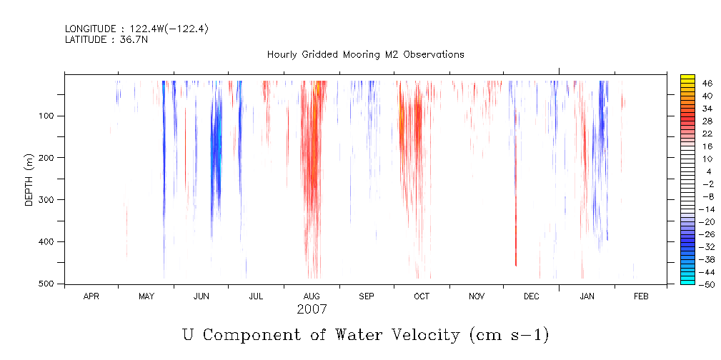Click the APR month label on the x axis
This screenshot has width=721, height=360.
tap(91, 296)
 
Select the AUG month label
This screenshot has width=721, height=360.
tap(312, 296)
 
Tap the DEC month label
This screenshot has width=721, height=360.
tap(532, 296)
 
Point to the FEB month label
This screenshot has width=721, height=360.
tap(641, 296)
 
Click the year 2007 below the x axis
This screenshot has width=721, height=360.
tap(312, 309)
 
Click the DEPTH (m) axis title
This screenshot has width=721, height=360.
tap(29, 179)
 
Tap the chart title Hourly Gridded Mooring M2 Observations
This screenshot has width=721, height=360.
tap(365, 54)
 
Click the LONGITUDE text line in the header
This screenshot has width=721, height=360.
tap(136, 29)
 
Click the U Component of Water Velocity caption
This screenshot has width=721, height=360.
tap(365, 334)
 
